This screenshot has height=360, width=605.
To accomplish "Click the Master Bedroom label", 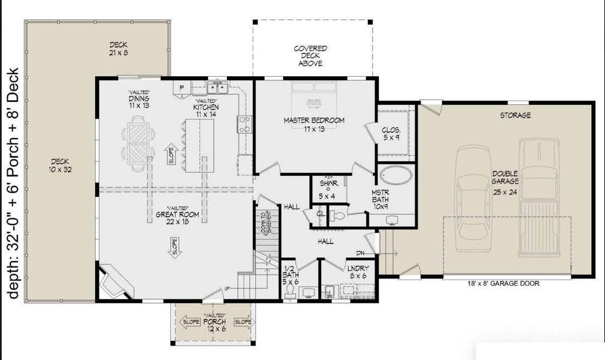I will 314,124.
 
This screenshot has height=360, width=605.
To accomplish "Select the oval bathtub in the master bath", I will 396,176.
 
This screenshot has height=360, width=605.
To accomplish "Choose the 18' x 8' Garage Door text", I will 503,283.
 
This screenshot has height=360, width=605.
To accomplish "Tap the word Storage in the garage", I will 516,115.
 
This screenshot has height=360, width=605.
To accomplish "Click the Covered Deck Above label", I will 310,56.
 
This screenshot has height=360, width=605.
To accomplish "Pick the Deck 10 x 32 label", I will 60,165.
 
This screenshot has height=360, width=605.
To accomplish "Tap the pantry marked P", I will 181,88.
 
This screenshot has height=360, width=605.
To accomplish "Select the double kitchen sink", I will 217,88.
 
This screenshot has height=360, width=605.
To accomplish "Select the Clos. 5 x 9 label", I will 391,133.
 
